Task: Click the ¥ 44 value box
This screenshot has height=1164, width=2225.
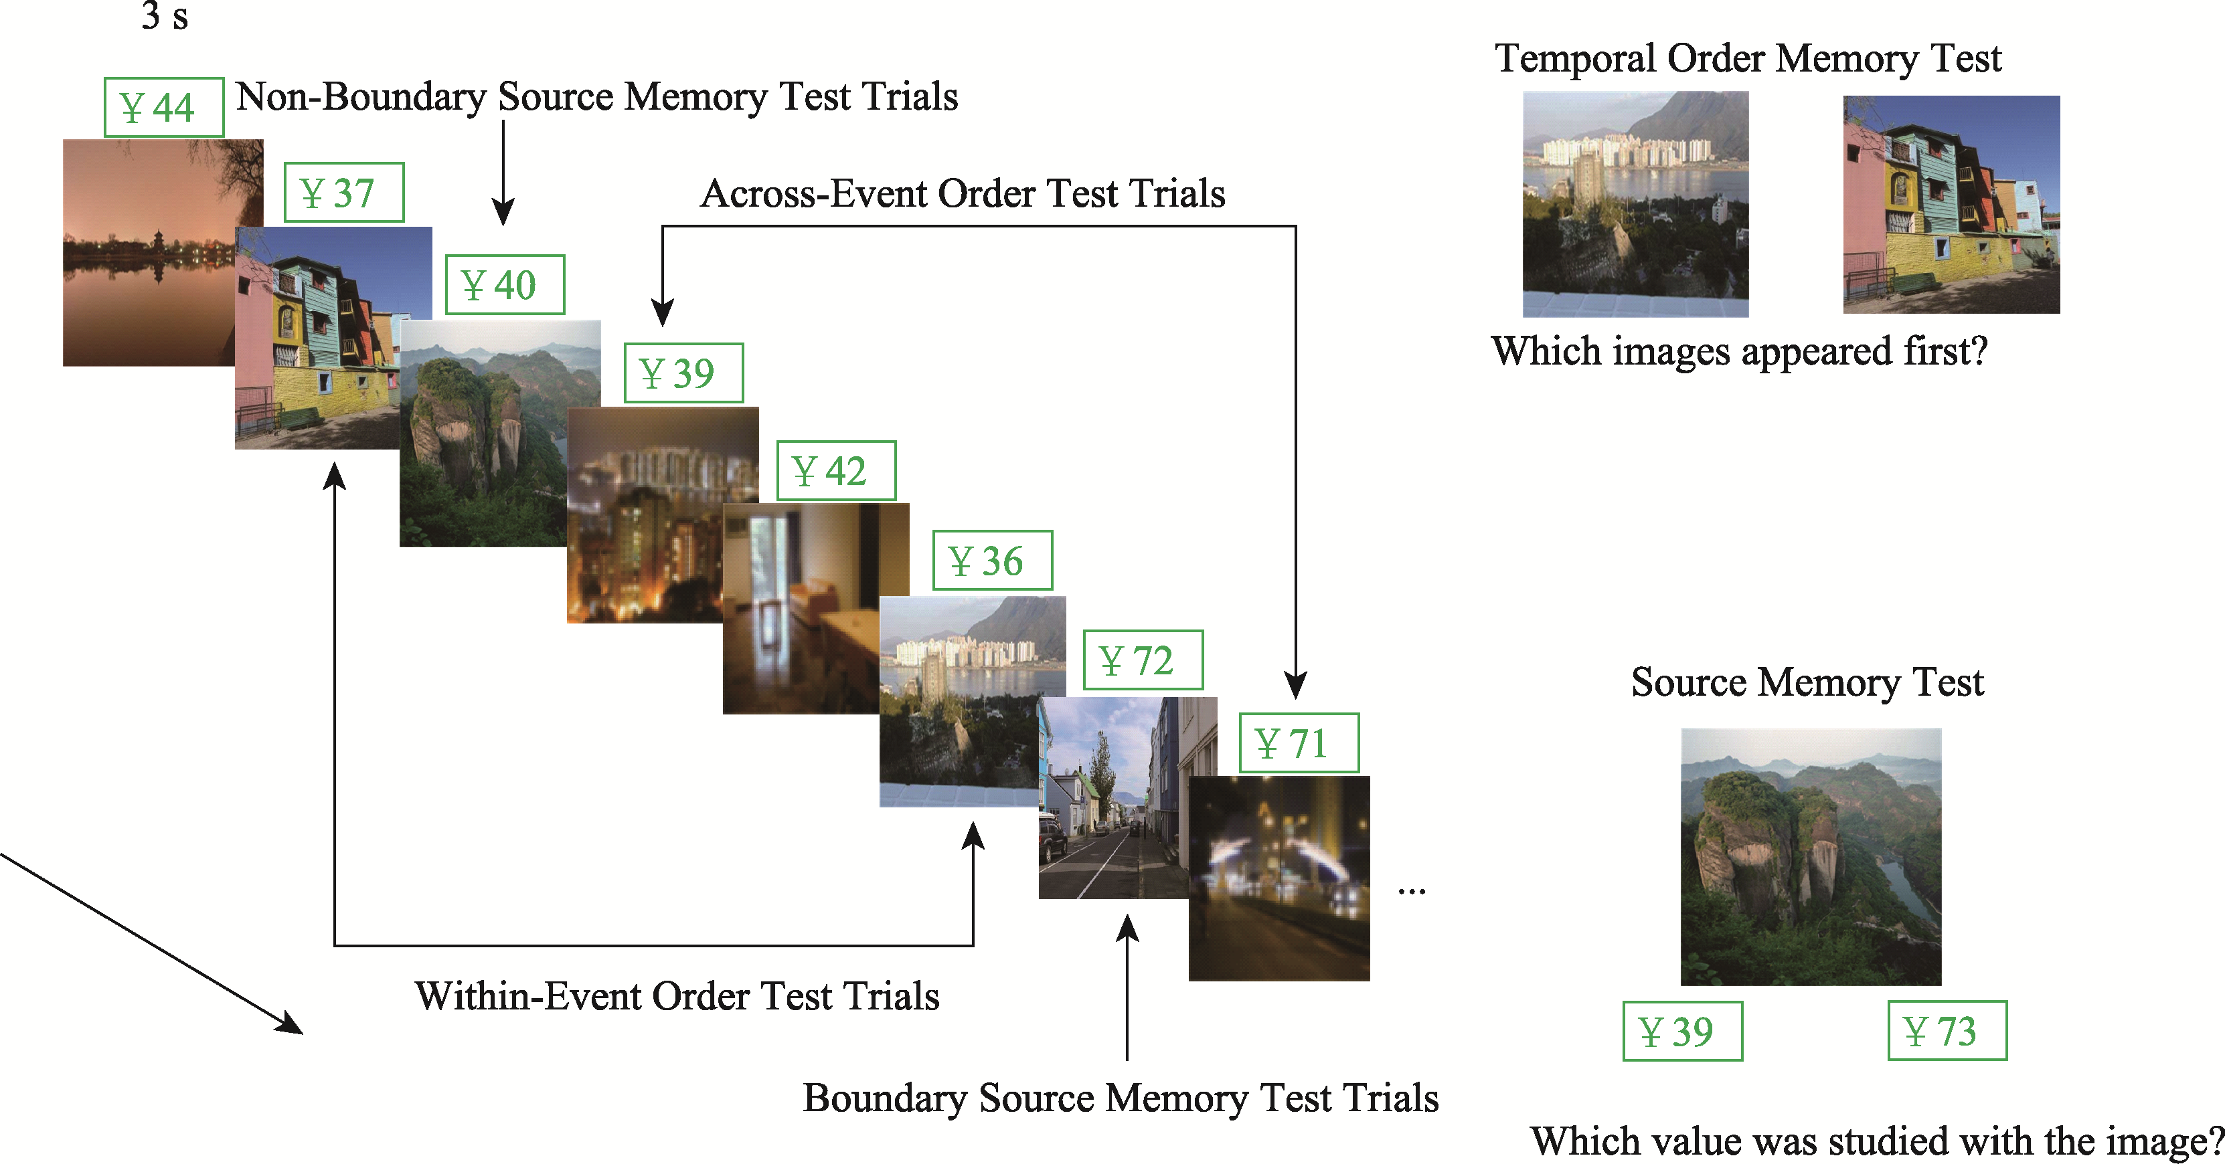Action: tap(163, 107)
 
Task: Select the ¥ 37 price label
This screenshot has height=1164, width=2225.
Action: tap(344, 193)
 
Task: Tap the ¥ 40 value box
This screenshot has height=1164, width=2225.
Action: tap(505, 285)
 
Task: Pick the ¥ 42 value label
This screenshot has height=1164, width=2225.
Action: tap(835, 470)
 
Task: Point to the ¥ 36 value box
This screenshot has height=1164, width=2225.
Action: tap(991, 561)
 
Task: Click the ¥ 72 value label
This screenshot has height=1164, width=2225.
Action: tap(1142, 660)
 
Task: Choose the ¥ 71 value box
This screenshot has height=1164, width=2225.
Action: tap(1298, 743)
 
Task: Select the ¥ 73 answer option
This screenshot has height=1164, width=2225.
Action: tap(1946, 1030)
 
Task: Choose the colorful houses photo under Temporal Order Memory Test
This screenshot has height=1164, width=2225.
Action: tap(1951, 204)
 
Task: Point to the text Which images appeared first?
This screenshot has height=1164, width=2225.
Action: tap(1739, 351)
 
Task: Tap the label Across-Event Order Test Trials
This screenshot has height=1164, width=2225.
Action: tap(962, 193)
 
